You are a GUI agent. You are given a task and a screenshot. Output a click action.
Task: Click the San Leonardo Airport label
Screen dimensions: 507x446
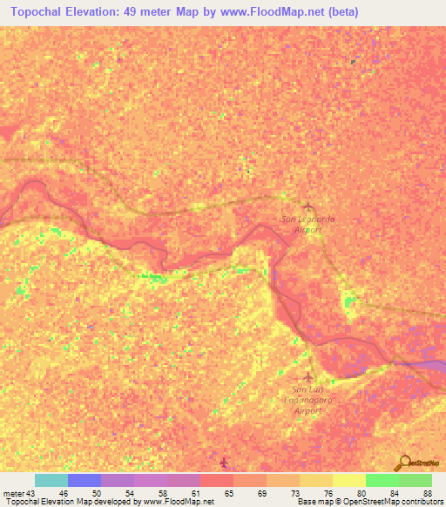[x=305, y=226]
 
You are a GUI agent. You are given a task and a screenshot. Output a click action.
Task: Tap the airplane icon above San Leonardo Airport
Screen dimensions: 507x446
[x=306, y=206]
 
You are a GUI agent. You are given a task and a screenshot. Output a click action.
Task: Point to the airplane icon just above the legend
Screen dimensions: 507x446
[x=224, y=462]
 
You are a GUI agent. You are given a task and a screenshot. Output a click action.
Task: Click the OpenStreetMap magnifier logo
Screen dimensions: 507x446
[x=402, y=463]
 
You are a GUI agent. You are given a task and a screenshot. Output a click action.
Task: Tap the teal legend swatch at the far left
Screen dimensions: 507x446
[x=51, y=480]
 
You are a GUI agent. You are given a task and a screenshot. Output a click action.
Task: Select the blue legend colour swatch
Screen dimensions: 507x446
[x=84, y=480]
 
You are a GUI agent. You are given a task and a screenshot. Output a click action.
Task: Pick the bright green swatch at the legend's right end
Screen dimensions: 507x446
[x=415, y=480]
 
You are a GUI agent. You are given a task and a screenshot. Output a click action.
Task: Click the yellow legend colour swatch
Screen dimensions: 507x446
[x=349, y=480]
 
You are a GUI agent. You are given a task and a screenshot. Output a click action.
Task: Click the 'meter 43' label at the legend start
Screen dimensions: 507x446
[x=18, y=492]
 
